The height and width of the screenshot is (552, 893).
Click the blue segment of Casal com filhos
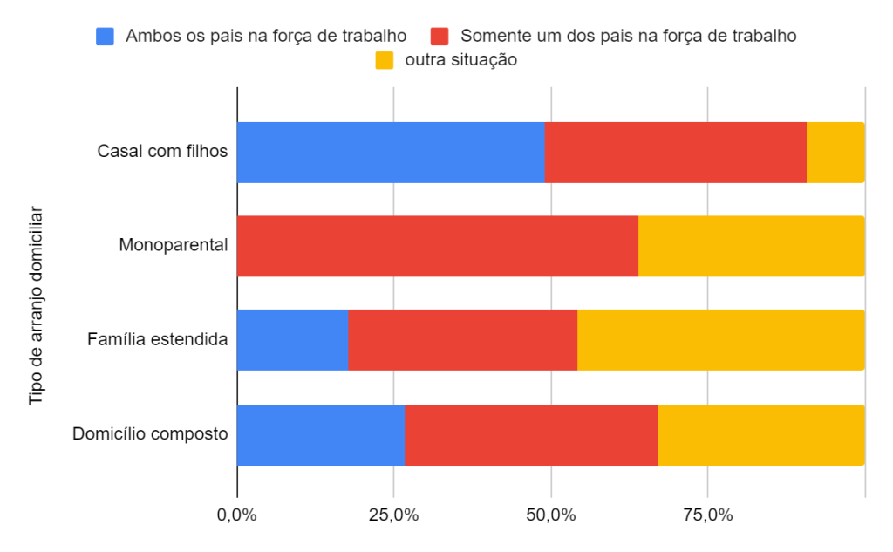(391, 153)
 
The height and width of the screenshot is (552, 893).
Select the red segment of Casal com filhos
(675, 153)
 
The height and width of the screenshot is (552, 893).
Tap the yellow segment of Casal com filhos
(835, 153)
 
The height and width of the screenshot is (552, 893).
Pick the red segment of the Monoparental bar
(437, 246)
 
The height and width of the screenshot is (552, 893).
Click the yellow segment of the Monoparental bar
(751, 246)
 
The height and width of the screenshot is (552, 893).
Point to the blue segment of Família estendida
(292, 340)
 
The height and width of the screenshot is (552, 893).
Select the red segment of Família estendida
(462, 340)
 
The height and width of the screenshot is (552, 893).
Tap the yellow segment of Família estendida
(720, 340)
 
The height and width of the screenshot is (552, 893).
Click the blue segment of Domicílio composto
(320, 434)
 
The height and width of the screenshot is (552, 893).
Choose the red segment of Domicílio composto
(531, 434)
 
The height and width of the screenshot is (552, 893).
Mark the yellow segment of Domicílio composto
(760, 434)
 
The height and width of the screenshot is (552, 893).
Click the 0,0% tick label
(236, 515)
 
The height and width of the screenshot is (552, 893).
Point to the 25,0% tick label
(393, 515)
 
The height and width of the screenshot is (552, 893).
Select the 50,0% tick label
(550, 515)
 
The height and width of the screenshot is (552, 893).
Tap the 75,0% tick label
(707, 515)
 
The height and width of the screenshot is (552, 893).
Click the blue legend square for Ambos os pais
(106, 37)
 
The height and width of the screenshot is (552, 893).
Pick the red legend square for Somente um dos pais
(440, 37)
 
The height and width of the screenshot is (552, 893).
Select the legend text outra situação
(461, 60)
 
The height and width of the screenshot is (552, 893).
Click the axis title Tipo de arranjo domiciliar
(37, 305)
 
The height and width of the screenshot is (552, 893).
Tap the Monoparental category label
(173, 245)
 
